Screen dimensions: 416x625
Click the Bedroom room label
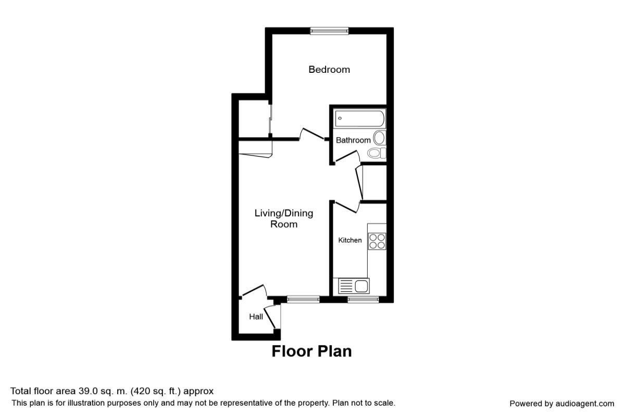(329, 69)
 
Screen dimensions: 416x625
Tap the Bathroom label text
(353, 140)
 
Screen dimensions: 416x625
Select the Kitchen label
(350, 240)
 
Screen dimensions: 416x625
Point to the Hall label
(256, 316)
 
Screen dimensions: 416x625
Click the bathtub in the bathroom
(360, 119)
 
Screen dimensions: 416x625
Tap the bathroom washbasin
(379, 138)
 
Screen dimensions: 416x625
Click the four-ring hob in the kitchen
(377, 241)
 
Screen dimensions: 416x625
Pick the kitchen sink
(354, 285)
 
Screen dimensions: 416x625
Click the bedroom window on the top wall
(329, 31)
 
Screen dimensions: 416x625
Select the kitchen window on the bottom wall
(363, 299)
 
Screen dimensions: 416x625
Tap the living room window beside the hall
(303, 299)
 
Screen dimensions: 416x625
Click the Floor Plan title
(311, 352)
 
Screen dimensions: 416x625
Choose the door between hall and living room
(255, 290)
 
